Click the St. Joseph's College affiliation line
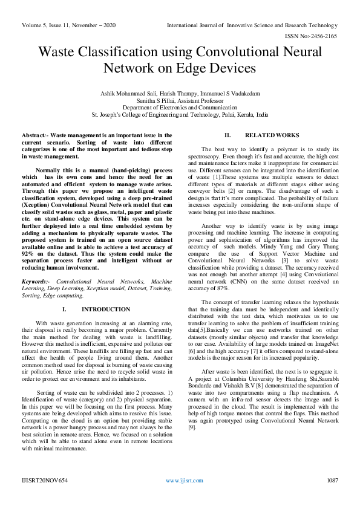(x=180, y=114)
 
